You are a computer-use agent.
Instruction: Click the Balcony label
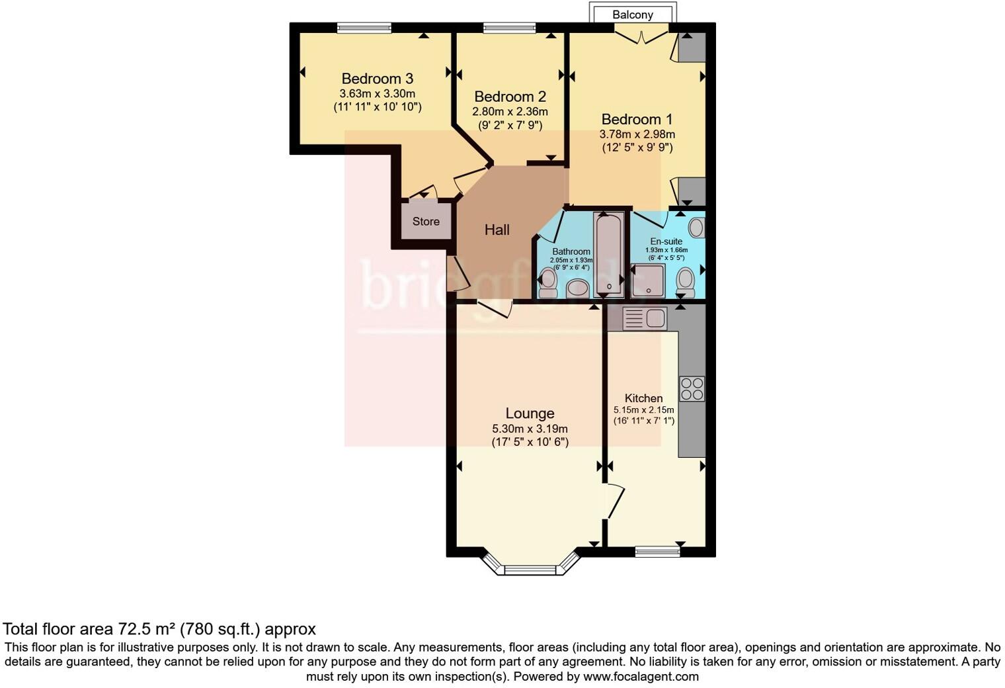(632, 15)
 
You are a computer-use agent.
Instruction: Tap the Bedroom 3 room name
(377, 79)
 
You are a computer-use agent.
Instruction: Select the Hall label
(497, 230)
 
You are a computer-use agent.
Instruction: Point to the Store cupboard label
(426, 222)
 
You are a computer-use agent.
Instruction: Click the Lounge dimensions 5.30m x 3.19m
(530, 429)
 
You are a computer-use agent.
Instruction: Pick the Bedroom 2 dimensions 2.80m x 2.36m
(510, 112)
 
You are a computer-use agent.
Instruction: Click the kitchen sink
(645, 319)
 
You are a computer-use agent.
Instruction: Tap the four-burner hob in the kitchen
(692, 388)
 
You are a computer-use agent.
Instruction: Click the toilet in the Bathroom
(548, 283)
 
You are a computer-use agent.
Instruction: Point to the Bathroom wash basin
(578, 288)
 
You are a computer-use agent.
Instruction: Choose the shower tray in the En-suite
(648, 280)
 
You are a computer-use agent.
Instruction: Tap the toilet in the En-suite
(686, 283)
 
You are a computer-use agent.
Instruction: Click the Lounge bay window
(530, 568)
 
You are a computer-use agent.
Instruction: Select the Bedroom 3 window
(364, 28)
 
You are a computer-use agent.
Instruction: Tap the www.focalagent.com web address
(641, 677)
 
